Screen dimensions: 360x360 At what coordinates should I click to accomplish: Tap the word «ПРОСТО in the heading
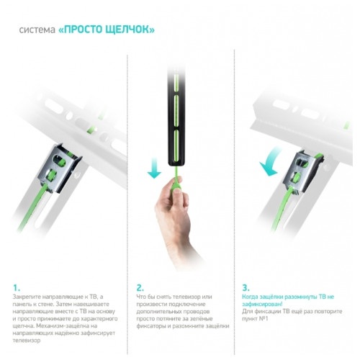pos(81,30)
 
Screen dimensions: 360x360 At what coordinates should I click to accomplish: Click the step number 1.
pos(17,286)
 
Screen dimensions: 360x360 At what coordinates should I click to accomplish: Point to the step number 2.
pos(140,286)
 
